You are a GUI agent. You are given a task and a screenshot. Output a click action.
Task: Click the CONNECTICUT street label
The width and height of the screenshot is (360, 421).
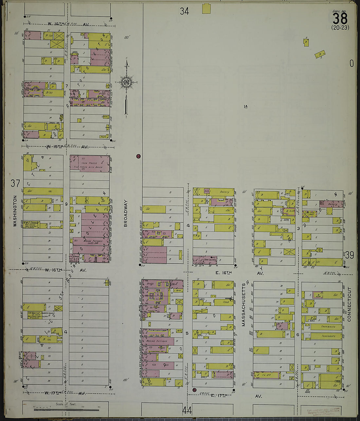click(x=349, y=304)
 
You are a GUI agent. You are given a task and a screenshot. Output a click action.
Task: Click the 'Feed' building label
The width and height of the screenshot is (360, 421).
click(x=226, y=302)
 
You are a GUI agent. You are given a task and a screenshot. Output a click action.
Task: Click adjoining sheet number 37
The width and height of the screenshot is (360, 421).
click(x=15, y=183)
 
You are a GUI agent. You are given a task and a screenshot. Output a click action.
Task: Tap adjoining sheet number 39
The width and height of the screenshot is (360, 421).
click(x=350, y=255)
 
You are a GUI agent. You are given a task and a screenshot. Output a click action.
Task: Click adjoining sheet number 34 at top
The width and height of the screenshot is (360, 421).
click(x=184, y=11)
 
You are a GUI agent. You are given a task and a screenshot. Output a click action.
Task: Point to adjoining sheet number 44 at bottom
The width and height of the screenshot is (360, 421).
click(x=187, y=410)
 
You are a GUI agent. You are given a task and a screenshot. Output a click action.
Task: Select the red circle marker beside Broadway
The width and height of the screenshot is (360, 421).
click(x=138, y=156)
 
